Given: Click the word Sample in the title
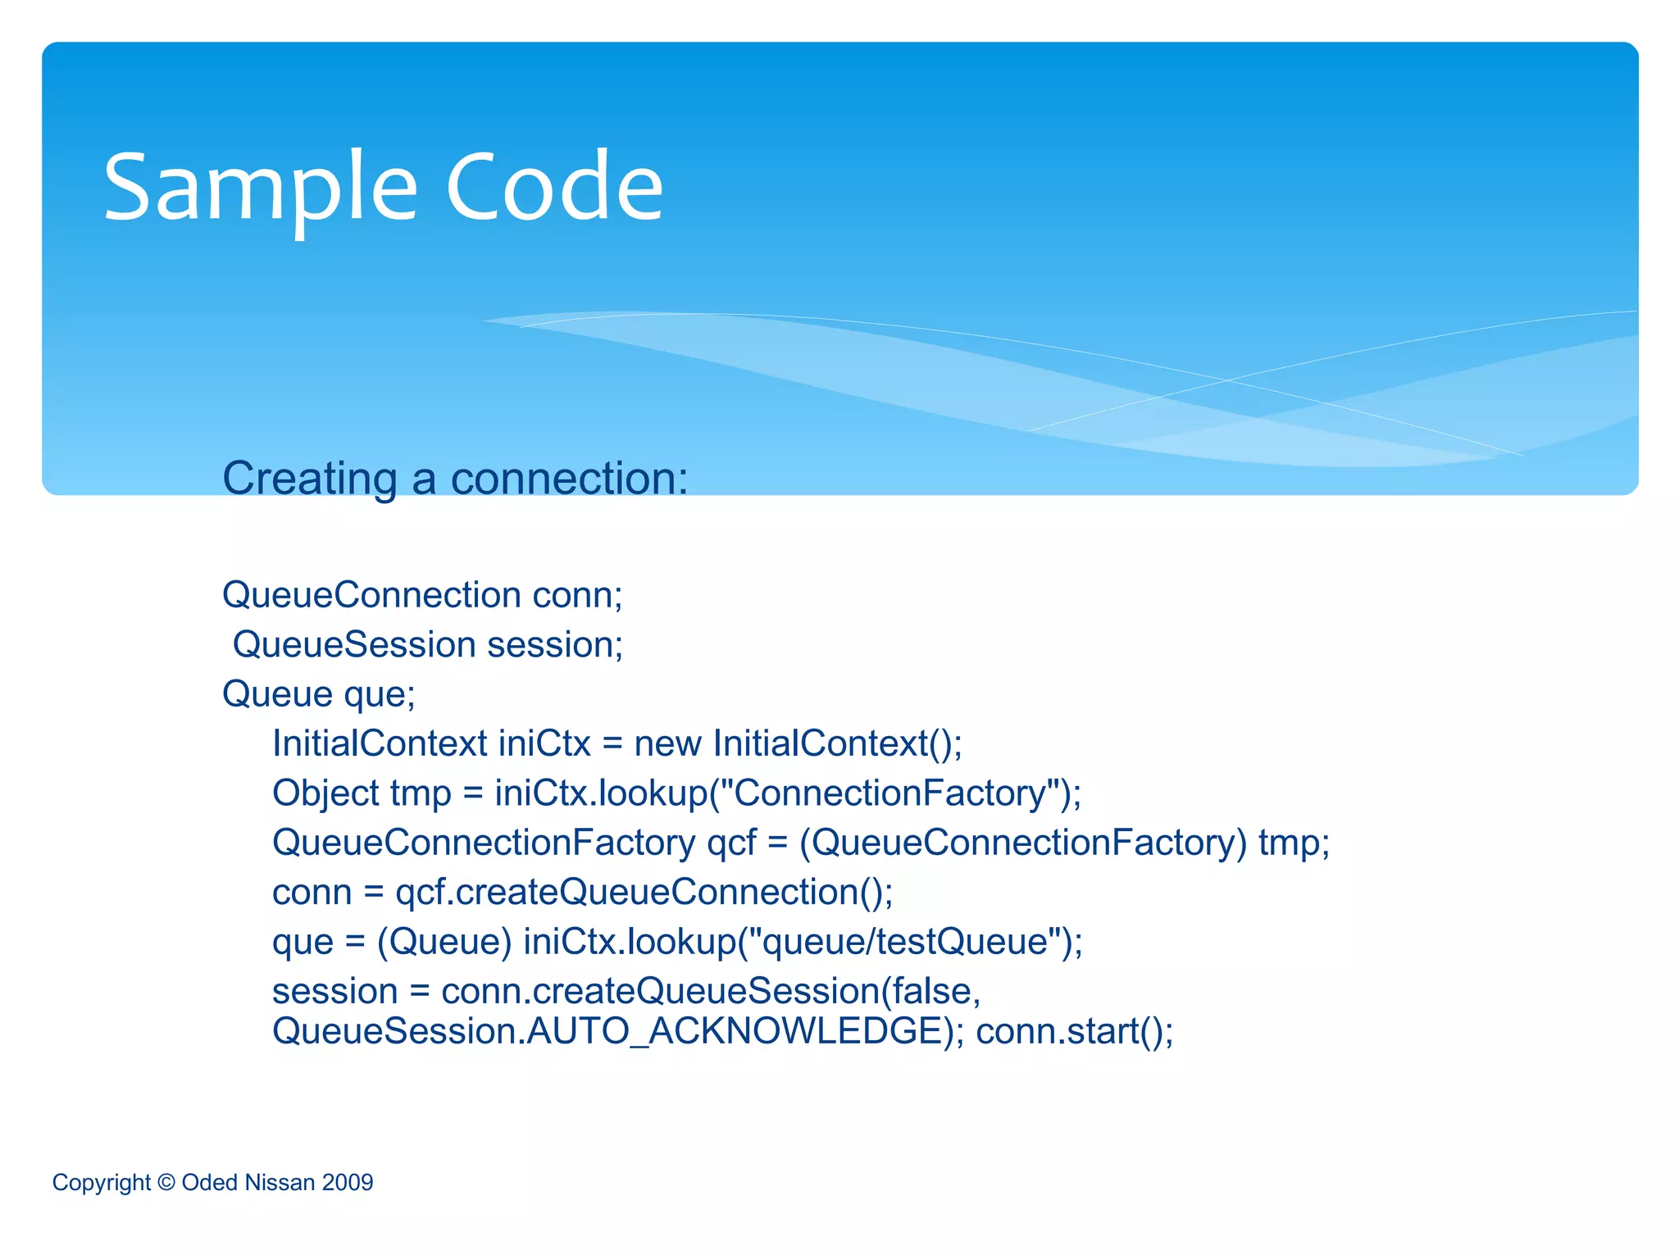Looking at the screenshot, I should (261, 189).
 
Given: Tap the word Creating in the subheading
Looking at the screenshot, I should (310, 479).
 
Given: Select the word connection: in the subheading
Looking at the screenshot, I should (569, 479).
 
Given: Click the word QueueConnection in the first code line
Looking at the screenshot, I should (371, 595).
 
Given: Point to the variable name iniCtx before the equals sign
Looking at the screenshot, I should (544, 744).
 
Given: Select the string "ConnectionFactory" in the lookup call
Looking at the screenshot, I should (888, 793).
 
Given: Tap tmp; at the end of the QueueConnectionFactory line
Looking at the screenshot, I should (1294, 843).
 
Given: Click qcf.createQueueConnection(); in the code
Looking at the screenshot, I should (644, 893).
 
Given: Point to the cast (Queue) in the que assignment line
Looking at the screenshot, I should (444, 942).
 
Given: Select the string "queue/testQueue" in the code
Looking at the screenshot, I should (904, 942).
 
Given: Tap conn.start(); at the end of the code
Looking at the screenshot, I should (1074, 1031).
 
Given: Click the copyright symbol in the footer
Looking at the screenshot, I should (166, 1183).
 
